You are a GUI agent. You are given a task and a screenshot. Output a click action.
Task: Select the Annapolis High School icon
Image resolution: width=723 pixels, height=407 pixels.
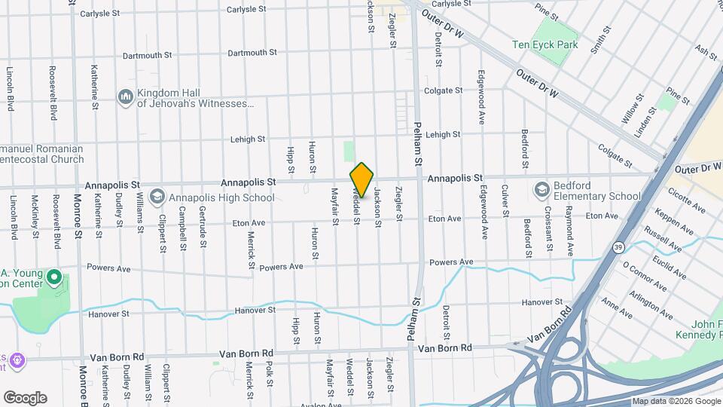pyautogui.click(x=157, y=197)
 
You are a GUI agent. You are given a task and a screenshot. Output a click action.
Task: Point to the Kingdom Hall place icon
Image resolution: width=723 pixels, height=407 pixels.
pyautogui.click(x=125, y=97)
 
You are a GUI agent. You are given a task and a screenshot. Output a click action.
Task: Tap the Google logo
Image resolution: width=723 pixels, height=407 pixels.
pyautogui.click(x=25, y=398)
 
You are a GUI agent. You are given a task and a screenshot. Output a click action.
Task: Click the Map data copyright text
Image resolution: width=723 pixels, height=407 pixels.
pyautogui.click(x=675, y=401)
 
